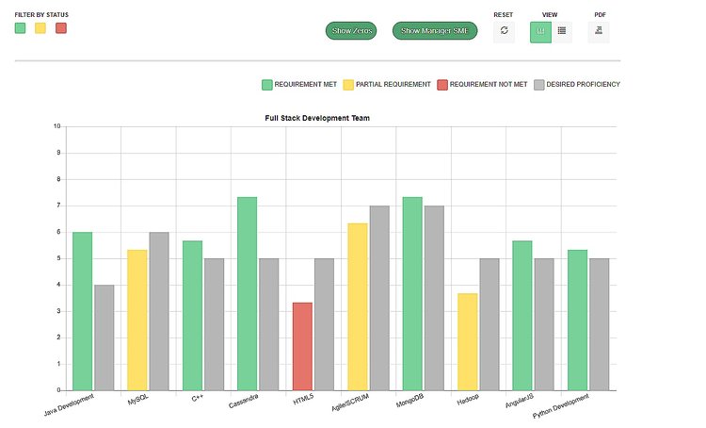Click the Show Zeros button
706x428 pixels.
tap(351, 31)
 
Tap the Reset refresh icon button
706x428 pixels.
tap(505, 31)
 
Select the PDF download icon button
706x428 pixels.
tap(600, 31)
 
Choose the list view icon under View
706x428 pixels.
tap(562, 31)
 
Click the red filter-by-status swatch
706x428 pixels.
tap(61, 28)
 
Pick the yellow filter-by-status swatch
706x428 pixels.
tap(40, 28)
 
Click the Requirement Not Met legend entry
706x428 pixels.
tap(482, 85)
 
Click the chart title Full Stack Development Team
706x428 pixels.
tap(317, 119)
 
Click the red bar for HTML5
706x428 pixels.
tap(302, 346)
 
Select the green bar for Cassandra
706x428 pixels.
tap(247, 293)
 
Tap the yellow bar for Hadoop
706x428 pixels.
tap(467, 341)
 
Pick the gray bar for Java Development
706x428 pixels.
tap(104, 337)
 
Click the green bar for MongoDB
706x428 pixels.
tap(411, 293)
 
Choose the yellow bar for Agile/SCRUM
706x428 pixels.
tap(357, 306)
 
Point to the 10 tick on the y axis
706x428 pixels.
tap(57, 126)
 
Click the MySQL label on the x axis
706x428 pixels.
tap(138, 400)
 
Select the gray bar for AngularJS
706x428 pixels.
tap(544, 323)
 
